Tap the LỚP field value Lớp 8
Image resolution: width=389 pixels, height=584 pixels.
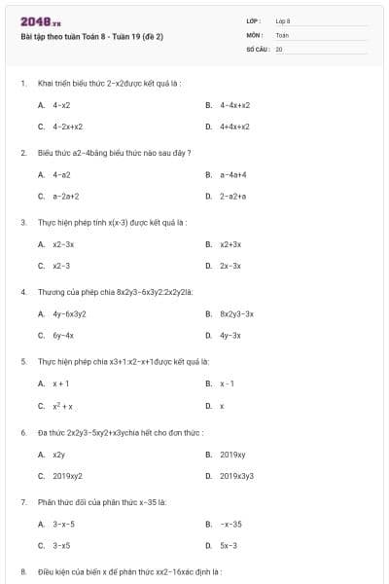[x=283, y=20]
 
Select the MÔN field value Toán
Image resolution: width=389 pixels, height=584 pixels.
[x=282, y=34]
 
